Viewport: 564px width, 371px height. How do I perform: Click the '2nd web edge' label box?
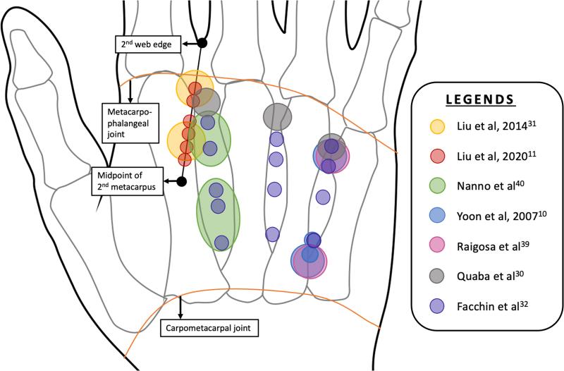tap(148, 44)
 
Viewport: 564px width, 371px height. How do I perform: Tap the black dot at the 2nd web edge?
tap(202, 43)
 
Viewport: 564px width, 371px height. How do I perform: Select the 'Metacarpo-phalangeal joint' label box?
tap(130, 123)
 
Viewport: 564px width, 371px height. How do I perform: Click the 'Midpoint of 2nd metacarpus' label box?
tap(128, 181)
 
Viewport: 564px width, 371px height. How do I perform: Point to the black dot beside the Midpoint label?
tap(182, 181)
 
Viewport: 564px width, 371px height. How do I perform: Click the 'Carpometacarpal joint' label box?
tap(209, 328)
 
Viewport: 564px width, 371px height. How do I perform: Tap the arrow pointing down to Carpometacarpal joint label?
tap(180, 308)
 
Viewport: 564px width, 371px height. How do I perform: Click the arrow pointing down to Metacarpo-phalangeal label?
tap(130, 92)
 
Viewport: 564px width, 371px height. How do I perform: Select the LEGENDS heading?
tap(479, 99)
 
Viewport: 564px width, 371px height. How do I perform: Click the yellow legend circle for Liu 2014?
tap(437, 126)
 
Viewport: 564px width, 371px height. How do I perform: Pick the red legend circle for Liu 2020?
tap(437, 156)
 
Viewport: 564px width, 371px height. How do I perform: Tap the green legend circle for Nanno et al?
tap(437, 186)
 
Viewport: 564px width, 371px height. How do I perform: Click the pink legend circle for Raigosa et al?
tap(437, 245)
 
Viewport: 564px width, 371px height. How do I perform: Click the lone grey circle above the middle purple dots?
tap(277, 116)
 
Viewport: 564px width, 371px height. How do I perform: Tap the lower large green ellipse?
tap(218, 215)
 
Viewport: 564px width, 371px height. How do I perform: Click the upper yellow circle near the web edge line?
tap(195, 87)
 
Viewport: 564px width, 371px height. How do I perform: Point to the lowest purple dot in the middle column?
tap(272, 234)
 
